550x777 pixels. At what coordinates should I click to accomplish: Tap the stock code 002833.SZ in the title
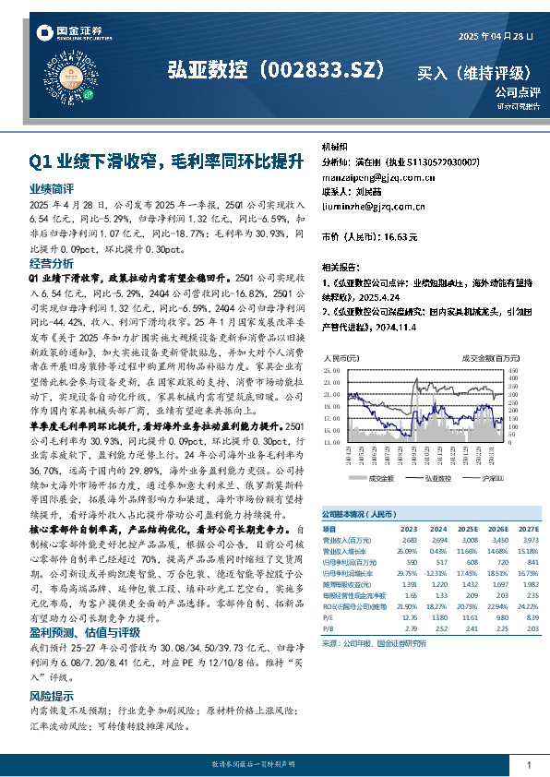click(x=314, y=70)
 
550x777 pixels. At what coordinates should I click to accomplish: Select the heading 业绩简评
click(x=52, y=186)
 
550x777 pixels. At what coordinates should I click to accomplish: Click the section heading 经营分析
click(x=52, y=263)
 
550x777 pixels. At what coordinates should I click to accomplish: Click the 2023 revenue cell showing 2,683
click(x=407, y=538)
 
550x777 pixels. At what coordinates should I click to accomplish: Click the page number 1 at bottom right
click(x=529, y=765)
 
